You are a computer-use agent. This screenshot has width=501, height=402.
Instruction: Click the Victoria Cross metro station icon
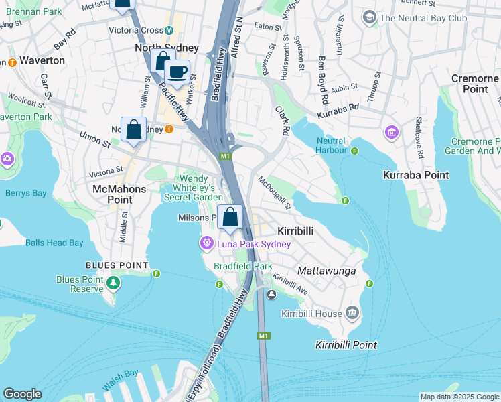[169, 30]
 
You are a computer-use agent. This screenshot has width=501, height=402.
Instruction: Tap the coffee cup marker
[177, 72]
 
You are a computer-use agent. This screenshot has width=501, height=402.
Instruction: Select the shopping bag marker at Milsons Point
[230, 218]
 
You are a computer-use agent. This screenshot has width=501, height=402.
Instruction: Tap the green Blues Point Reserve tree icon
[113, 284]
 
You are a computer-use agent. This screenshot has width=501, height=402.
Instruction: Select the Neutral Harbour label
[330, 146]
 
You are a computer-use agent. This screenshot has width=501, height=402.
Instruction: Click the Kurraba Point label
[415, 174]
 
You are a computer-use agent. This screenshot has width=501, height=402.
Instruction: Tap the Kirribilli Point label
[346, 345]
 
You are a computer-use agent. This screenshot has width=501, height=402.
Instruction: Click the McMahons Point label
[119, 189]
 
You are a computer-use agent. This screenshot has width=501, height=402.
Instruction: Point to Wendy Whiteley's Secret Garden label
[194, 188]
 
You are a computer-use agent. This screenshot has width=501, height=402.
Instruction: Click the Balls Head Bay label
[54, 243]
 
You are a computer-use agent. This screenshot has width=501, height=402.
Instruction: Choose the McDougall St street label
[275, 193]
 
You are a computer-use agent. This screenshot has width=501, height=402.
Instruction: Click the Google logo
[22, 394]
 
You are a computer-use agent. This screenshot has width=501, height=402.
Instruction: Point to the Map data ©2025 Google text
[459, 397]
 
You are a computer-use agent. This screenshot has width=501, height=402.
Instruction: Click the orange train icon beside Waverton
[11, 62]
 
